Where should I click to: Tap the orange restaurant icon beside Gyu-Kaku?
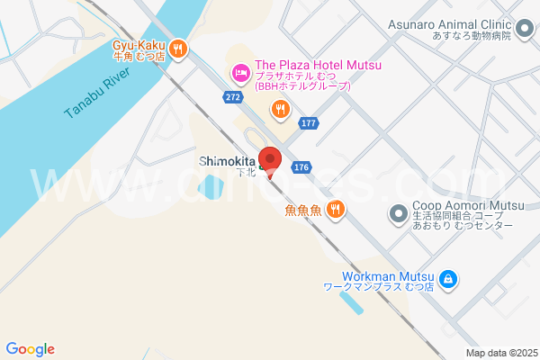[179, 48]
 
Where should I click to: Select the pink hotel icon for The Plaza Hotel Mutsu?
[240, 71]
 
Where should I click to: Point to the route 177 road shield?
[310, 124]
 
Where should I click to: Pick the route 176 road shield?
[301, 167]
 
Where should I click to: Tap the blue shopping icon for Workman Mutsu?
[447, 281]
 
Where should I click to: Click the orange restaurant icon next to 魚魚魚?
[335, 209]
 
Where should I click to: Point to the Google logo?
[30, 349]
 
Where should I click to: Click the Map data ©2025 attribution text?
[500, 353]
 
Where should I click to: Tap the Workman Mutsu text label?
[389, 276]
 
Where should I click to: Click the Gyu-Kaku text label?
[139, 44]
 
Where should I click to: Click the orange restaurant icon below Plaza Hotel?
[281, 110]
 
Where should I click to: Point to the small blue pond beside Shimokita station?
[213, 187]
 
